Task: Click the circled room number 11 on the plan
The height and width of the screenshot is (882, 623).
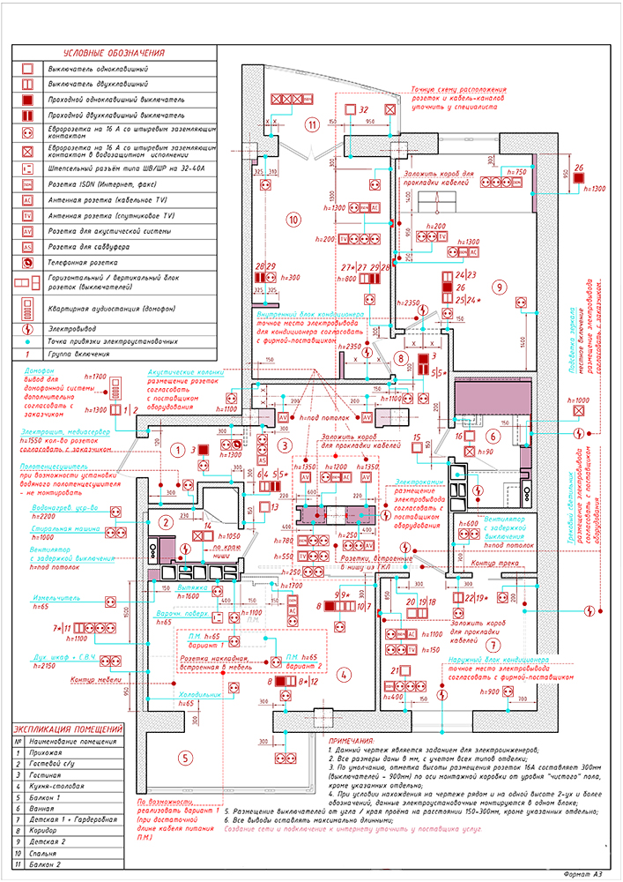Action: pos(312,123)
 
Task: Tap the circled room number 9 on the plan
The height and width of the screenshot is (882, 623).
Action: pos(498,287)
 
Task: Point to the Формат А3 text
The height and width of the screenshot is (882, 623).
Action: pos(583,872)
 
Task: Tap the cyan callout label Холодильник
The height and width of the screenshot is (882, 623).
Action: pos(199,693)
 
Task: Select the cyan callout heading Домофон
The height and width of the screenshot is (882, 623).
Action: pos(41,371)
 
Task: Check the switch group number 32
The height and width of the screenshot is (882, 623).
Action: pos(363,108)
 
